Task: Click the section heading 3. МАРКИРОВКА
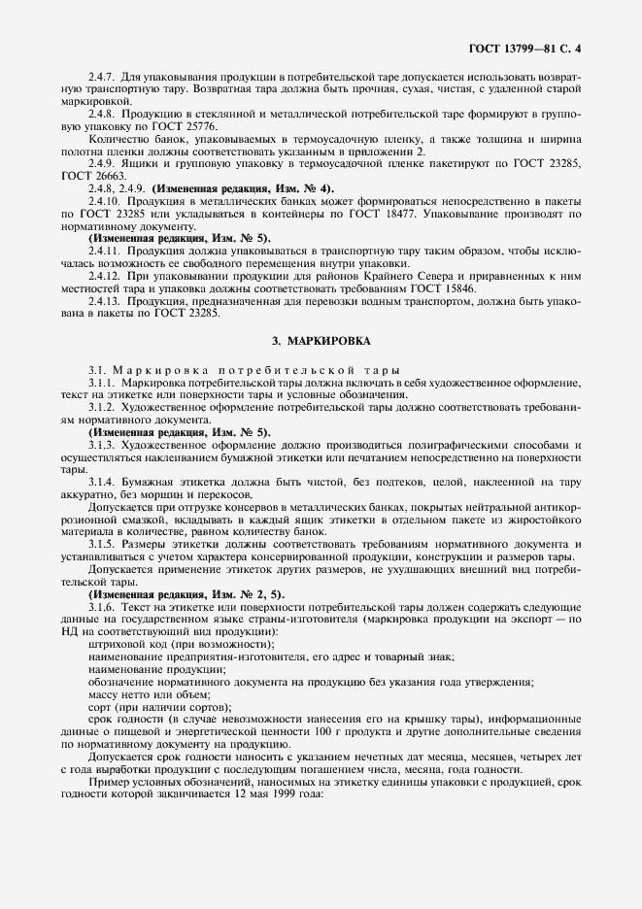tap(321, 341)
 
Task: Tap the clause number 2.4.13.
tap(104, 301)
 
